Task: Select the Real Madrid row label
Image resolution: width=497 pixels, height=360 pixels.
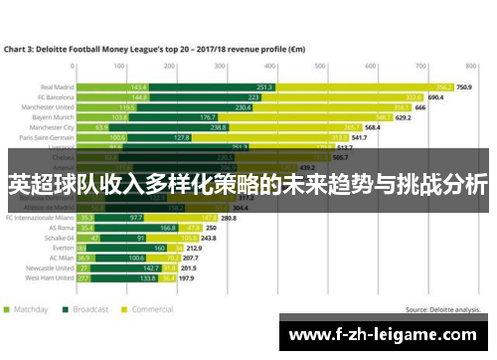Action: (59, 87)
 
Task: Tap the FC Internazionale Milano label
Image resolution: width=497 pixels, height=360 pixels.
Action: (41, 218)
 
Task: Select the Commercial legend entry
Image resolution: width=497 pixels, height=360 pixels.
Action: (150, 310)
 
